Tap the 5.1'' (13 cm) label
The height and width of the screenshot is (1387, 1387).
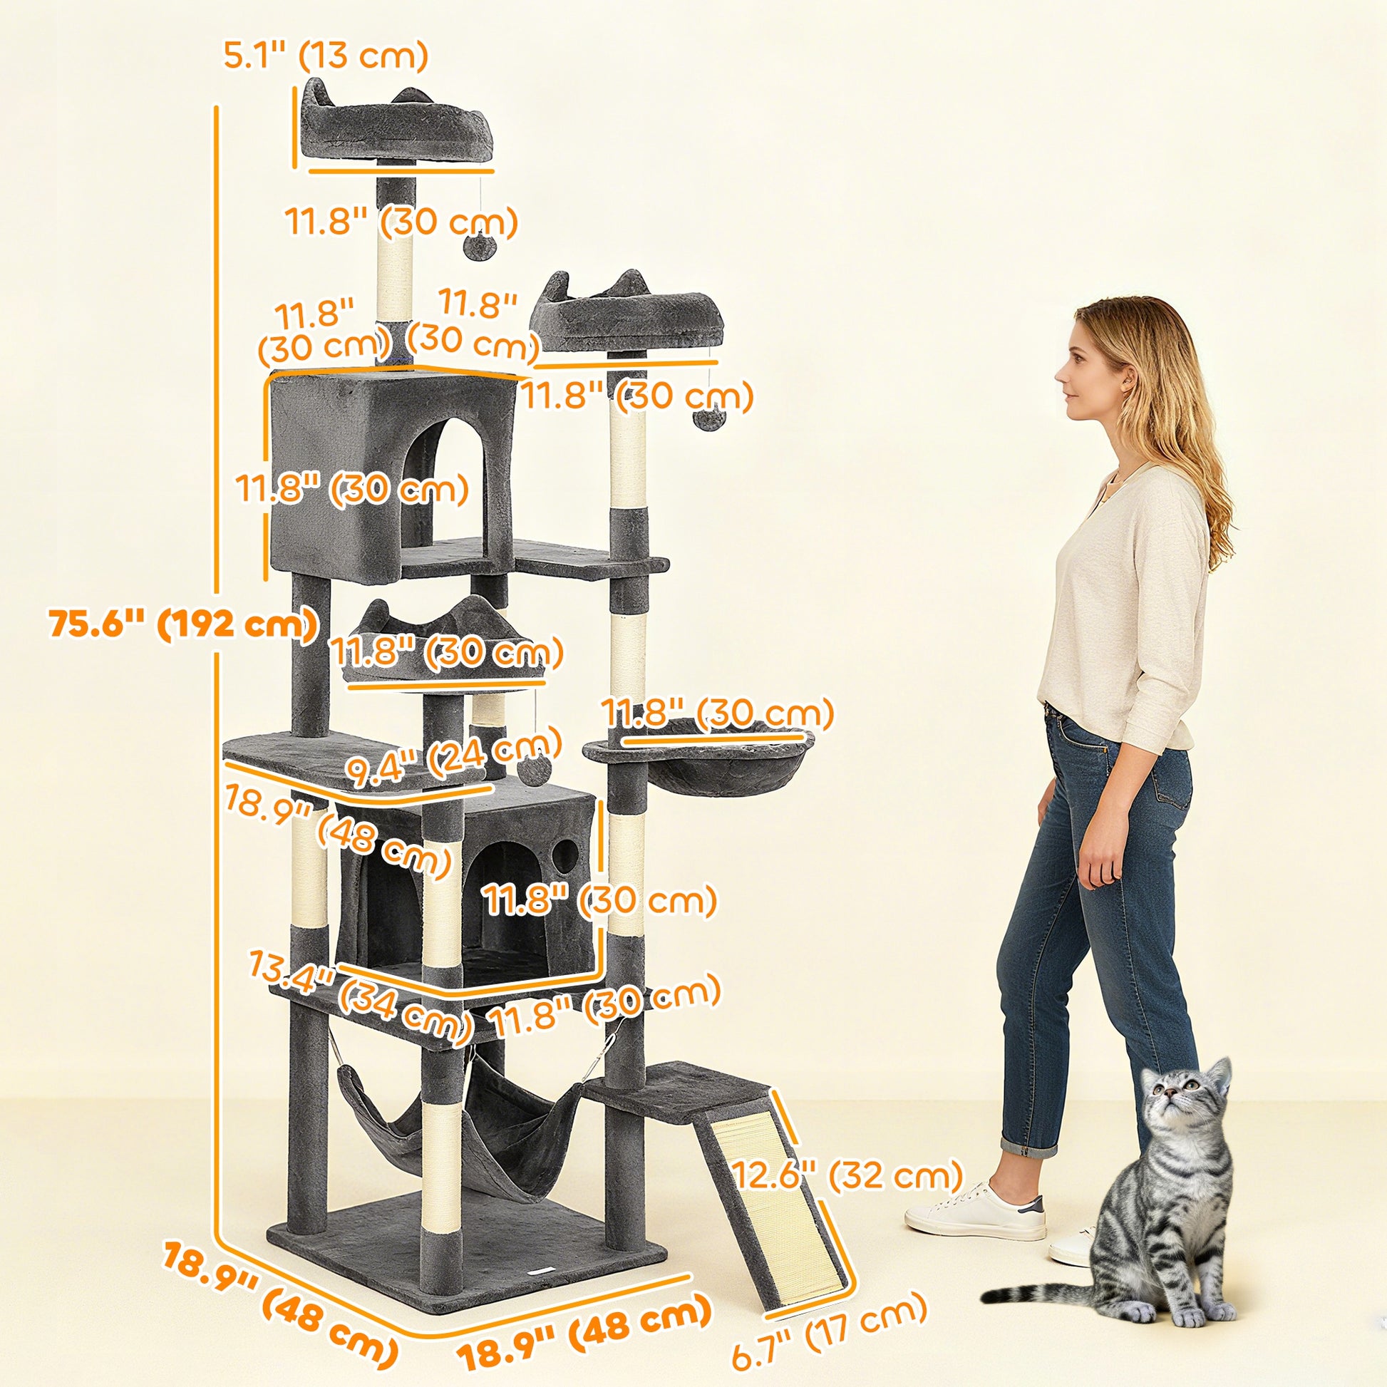pos(325,55)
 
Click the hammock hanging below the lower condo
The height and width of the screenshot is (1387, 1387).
pos(460,1127)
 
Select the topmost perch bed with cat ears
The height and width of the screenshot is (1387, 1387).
pos(396,125)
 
